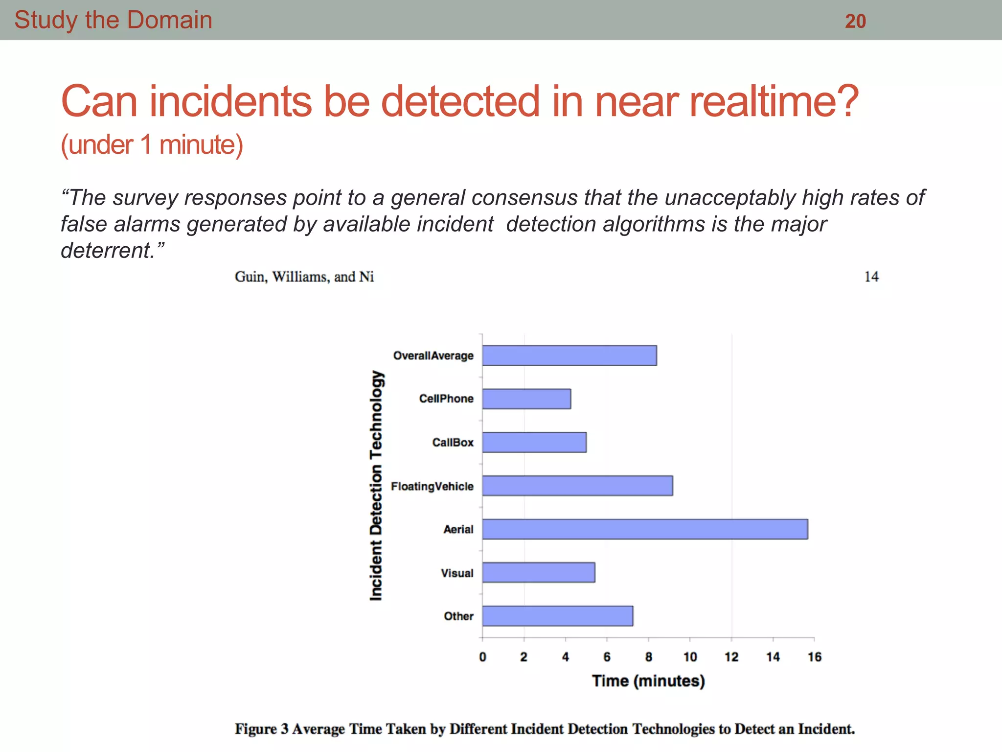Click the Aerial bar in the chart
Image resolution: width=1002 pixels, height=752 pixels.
pyautogui.click(x=645, y=529)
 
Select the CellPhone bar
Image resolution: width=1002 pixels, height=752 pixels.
pyautogui.click(x=526, y=399)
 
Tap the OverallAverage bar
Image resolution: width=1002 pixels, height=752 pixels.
pyautogui.click(x=569, y=355)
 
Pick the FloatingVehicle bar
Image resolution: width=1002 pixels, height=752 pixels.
pyautogui.click(x=577, y=486)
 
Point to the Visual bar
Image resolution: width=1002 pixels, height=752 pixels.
pyautogui.click(x=539, y=572)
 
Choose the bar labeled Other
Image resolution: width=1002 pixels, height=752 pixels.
pyautogui.click(x=558, y=616)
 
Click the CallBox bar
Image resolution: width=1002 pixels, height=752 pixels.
pyautogui.click(x=534, y=442)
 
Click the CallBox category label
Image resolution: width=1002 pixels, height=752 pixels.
pyautogui.click(x=453, y=443)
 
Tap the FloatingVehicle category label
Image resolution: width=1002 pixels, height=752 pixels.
pyautogui.click(x=432, y=486)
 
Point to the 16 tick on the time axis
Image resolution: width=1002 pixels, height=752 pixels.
pyautogui.click(x=814, y=657)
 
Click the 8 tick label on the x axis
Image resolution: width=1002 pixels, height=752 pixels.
pyautogui.click(x=648, y=657)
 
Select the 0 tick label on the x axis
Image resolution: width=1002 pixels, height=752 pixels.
pyautogui.click(x=482, y=657)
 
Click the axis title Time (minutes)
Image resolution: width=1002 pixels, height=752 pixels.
pyautogui.click(x=648, y=681)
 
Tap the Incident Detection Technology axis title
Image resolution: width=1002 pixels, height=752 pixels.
pyautogui.click(x=376, y=485)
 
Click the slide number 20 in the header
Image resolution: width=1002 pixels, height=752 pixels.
pyautogui.click(x=855, y=21)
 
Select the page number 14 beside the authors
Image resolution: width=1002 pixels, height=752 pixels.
pyautogui.click(x=871, y=277)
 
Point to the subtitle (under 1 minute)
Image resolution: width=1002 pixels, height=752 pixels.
pyautogui.click(x=152, y=145)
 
